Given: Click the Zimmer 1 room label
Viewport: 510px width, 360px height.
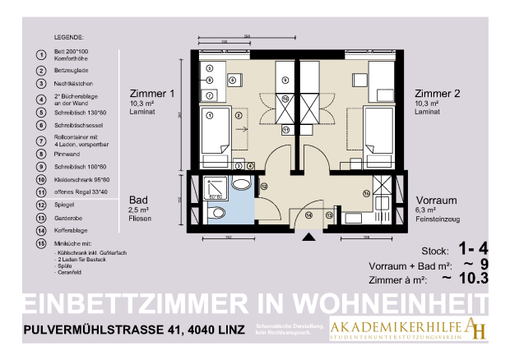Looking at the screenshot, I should tap(153, 94).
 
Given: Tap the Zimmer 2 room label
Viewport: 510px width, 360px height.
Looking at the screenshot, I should tap(437, 94).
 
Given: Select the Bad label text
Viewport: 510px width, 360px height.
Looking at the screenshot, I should tap(138, 200).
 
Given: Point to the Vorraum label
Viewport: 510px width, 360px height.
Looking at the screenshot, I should tap(436, 200).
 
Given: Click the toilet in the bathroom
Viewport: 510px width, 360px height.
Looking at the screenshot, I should tap(217, 214).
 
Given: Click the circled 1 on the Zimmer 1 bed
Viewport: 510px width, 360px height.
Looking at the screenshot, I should tap(210, 95).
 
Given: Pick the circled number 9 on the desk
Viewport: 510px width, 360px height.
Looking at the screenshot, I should tap(285, 80).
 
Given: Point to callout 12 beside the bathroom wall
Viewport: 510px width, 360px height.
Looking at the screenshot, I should tap(264, 187).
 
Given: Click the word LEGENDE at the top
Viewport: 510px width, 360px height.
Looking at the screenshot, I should tap(70, 38).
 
